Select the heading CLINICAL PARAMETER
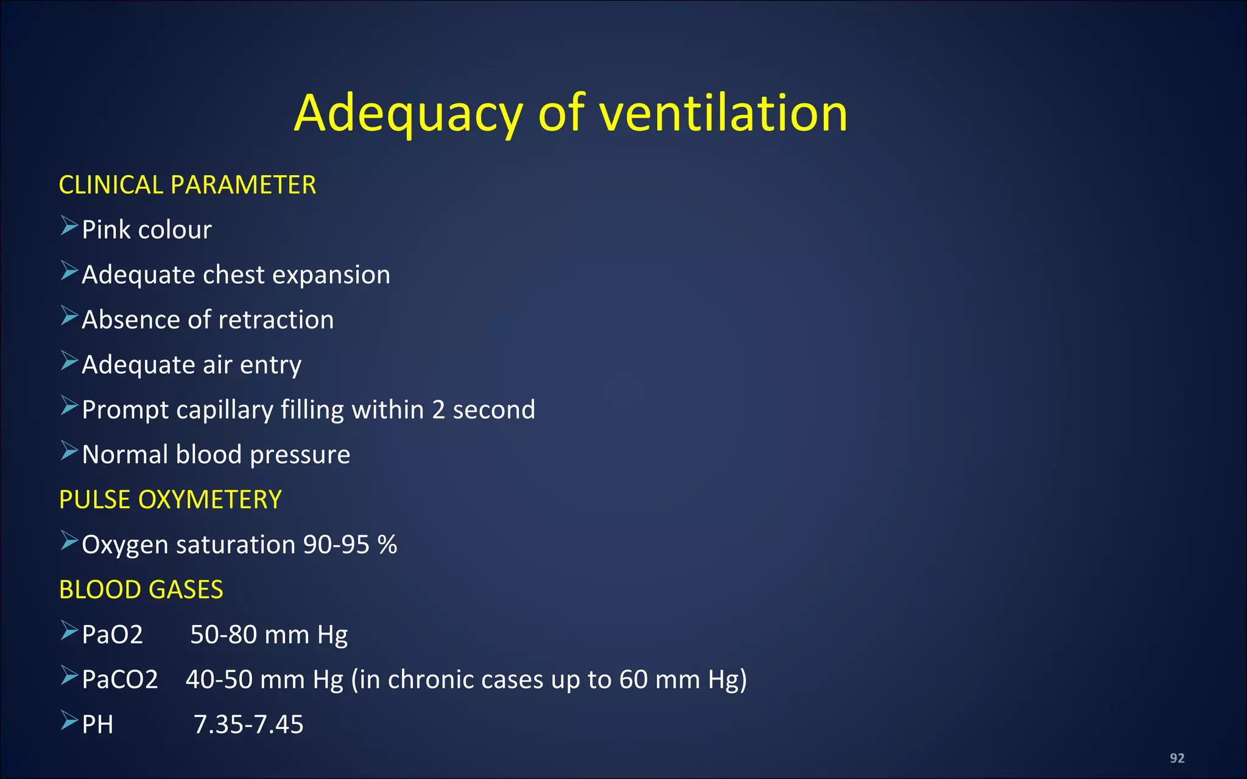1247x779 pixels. click(187, 185)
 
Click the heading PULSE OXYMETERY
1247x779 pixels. click(170, 500)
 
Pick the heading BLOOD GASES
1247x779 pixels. click(141, 590)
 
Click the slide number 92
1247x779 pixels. click(1177, 758)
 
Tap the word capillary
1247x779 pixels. click(225, 411)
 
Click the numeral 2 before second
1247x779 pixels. click(438, 410)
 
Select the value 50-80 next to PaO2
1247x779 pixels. click(223, 635)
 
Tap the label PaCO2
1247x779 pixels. click(120, 680)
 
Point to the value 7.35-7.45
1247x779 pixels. click(248, 725)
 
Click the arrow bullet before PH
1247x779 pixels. click(69, 721)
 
